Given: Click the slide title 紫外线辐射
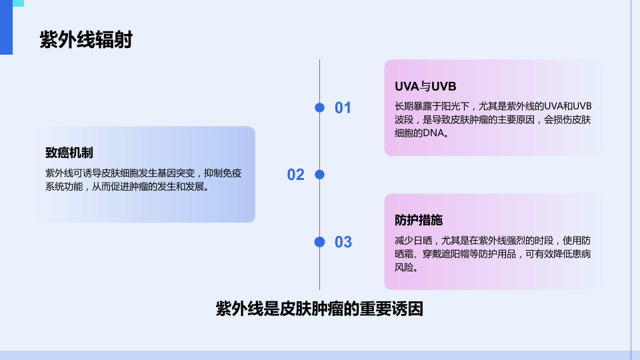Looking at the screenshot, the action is click(86, 40).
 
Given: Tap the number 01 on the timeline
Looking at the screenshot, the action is click(343, 108).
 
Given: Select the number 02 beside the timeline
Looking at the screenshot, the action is click(296, 175).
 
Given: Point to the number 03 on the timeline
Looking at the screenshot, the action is click(343, 242).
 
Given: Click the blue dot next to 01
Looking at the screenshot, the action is click(319, 108).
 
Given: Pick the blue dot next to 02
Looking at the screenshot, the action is click(319, 175).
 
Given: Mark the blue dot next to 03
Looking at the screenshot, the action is click(319, 242).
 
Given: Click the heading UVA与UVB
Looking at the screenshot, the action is click(425, 87).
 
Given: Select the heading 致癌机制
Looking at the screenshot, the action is click(69, 153).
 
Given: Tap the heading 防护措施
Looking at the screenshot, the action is click(419, 221).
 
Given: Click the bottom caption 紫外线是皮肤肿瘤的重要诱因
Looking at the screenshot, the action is click(319, 309).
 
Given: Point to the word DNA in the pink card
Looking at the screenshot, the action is click(433, 133).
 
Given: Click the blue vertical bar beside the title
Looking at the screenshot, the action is click(6, 27).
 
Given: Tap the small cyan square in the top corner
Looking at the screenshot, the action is click(19, 3).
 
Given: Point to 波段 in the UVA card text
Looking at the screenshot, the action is click(404, 119).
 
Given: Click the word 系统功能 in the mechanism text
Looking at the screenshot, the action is click(64, 187).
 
